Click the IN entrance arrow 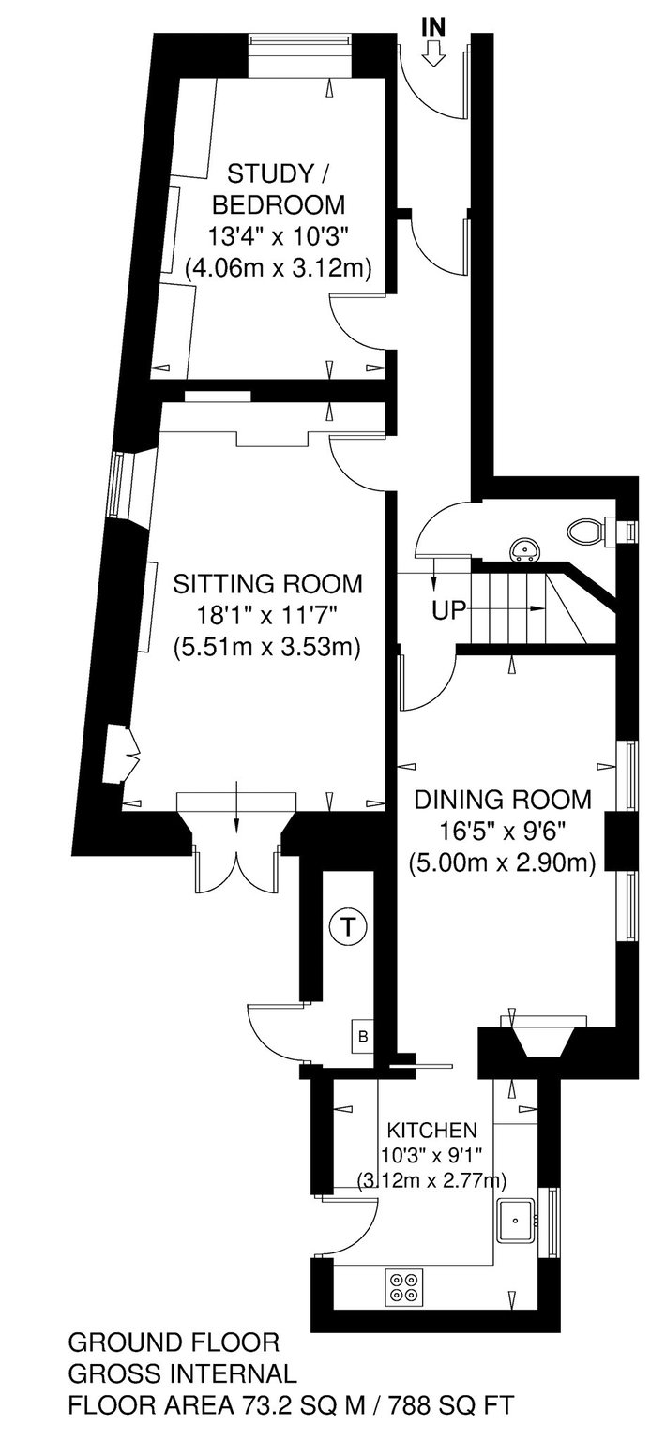[x=434, y=53]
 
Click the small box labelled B [x=363, y=1036]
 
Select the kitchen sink [x=516, y=1220]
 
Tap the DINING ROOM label [x=503, y=800]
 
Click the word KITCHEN [x=431, y=1130]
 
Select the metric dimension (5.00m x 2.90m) [x=503, y=862]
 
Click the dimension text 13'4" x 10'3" [x=278, y=236]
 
